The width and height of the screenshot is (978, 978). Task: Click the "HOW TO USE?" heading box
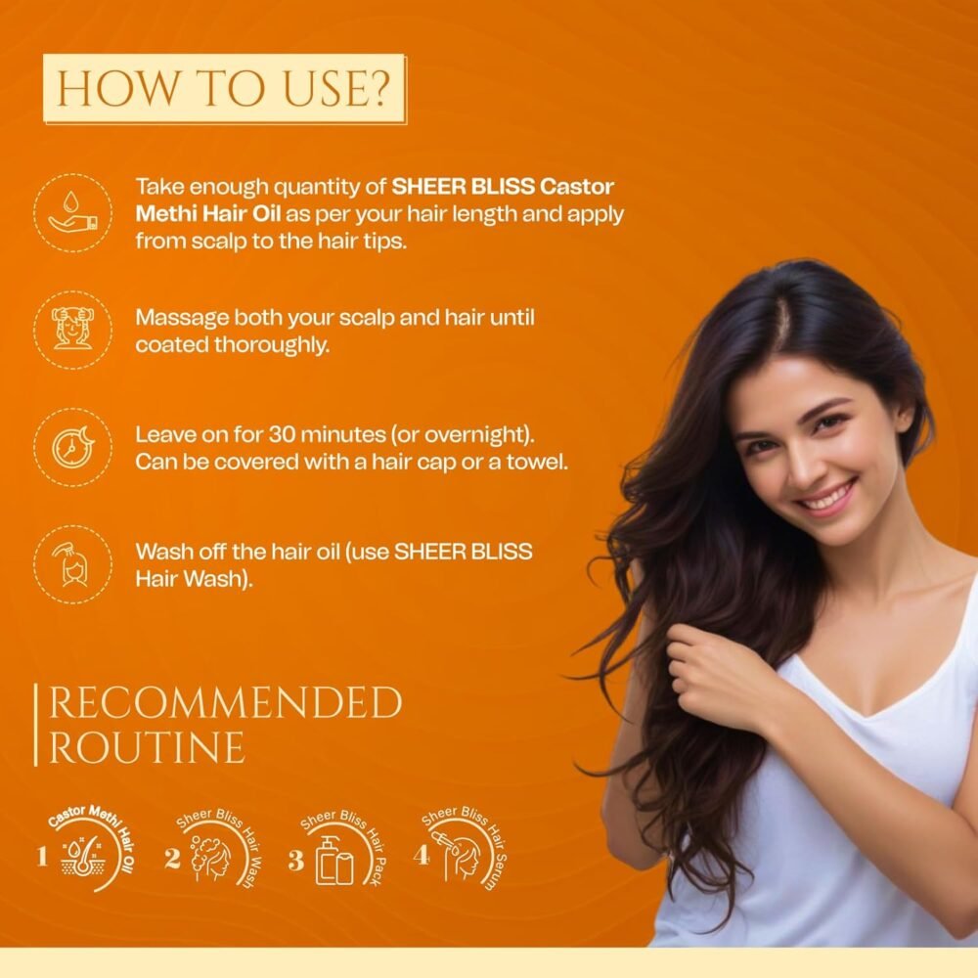point(224,88)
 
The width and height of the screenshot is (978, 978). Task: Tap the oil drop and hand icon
point(73,213)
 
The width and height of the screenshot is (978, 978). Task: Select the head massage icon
point(73,330)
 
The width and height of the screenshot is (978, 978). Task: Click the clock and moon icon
point(73,447)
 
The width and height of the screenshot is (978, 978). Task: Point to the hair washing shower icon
point(73,564)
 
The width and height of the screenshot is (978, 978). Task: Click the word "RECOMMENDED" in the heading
point(225,702)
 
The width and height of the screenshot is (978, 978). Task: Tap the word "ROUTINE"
point(147,747)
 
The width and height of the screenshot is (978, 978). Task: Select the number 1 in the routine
point(42,856)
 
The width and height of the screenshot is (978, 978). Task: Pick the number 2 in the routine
point(172,858)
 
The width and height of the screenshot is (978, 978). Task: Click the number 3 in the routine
point(295,860)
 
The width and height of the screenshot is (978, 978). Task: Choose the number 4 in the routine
point(421,855)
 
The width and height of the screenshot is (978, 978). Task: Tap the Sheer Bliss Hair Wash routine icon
point(218,849)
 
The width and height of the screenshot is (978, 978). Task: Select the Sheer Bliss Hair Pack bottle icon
point(334,860)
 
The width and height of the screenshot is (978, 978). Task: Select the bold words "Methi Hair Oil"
point(207,214)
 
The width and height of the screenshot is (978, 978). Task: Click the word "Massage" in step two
point(182,319)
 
